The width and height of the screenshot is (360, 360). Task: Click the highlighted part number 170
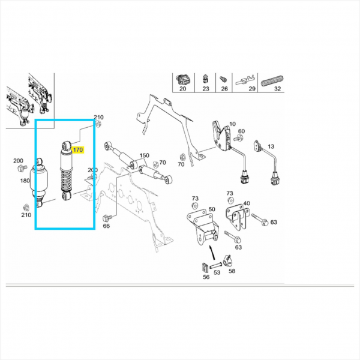click(77, 150)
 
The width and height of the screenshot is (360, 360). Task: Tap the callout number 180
click(25, 181)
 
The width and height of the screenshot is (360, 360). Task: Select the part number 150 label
click(145, 155)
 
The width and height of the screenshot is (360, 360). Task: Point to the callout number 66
click(106, 226)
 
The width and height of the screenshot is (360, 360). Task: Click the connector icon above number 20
click(182, 79)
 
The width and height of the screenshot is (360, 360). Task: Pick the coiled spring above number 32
click(272, 80)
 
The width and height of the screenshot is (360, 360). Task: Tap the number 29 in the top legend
click(252, 89)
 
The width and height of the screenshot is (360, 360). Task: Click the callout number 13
click(271, 146)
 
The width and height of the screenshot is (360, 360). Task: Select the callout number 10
click(232, 124)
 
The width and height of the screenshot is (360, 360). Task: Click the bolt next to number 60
click(238, 138)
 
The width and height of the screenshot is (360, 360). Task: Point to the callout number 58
click(232, 271)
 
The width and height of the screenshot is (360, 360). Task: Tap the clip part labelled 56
click(205, 267)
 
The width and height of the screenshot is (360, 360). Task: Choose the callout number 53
click(217, 272)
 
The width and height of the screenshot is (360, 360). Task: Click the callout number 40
click(247, 203)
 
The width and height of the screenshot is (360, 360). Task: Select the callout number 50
click(212, 209)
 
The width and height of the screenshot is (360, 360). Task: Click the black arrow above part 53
click(212, 253)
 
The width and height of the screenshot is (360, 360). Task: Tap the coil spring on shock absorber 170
click(67, 181)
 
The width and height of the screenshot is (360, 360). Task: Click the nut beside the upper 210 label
click(98, 124)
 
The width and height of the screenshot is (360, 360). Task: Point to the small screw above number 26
click(223, 79)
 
